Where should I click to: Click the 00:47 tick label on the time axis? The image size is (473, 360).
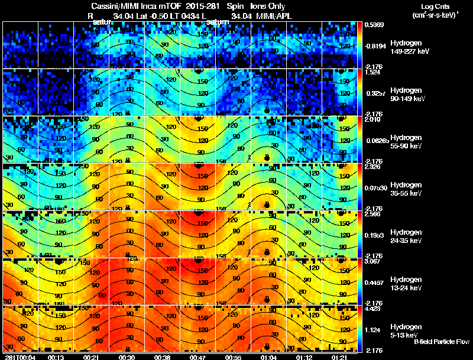click(x=197, y=356)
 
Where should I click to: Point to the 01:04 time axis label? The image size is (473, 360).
click(x=268, y=356)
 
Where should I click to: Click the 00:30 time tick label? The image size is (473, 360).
click(x=127, y=356)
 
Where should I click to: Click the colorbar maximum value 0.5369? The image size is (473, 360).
click(x=374, y=25)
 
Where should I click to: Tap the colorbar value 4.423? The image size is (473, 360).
click(x=374, y=308)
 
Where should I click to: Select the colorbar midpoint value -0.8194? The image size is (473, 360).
click(x=375, y=46)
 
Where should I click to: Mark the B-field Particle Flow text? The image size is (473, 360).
click(x=442, y=342)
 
